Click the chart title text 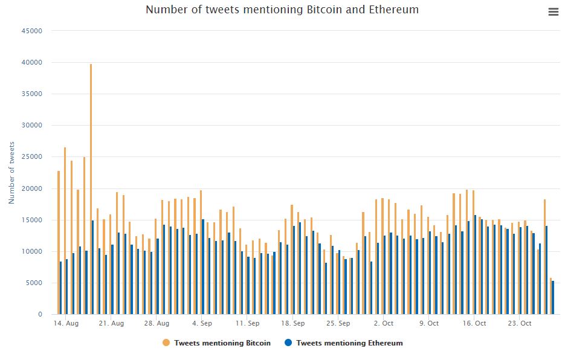pyautogui.click(x=282, y=10)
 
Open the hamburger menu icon pyautogui.click(x=553, y=12)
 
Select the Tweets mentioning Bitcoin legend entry pyautogui.click(x=222, y=343)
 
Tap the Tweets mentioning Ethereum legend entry pyautogui.click(x=349, y=343)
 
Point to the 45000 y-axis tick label pyautogui.click(x=31, y=31)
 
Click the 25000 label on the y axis pyautogui.click(x=31, y=157)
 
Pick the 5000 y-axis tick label pyautogui.click(x=33, y=283)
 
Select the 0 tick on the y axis pyautogui.click(x=40, y=314)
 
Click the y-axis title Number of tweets pyautogui.click(x=12, y=172)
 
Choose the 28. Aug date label pyautogui.click(x=156, y=323)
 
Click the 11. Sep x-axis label pyautogui.click(x=247, y=323)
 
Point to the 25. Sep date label pyautogui.click(x=338, y=323)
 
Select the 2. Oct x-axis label pyautogui.click(x=383, y=323)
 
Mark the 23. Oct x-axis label pyautogui.click(x=519, y=323)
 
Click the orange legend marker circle pyautogui.click(x=166, y=343)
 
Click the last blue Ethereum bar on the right pyautogui.click(x=553, y=297)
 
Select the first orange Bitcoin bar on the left pyautogui.click(x=58, y=242)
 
